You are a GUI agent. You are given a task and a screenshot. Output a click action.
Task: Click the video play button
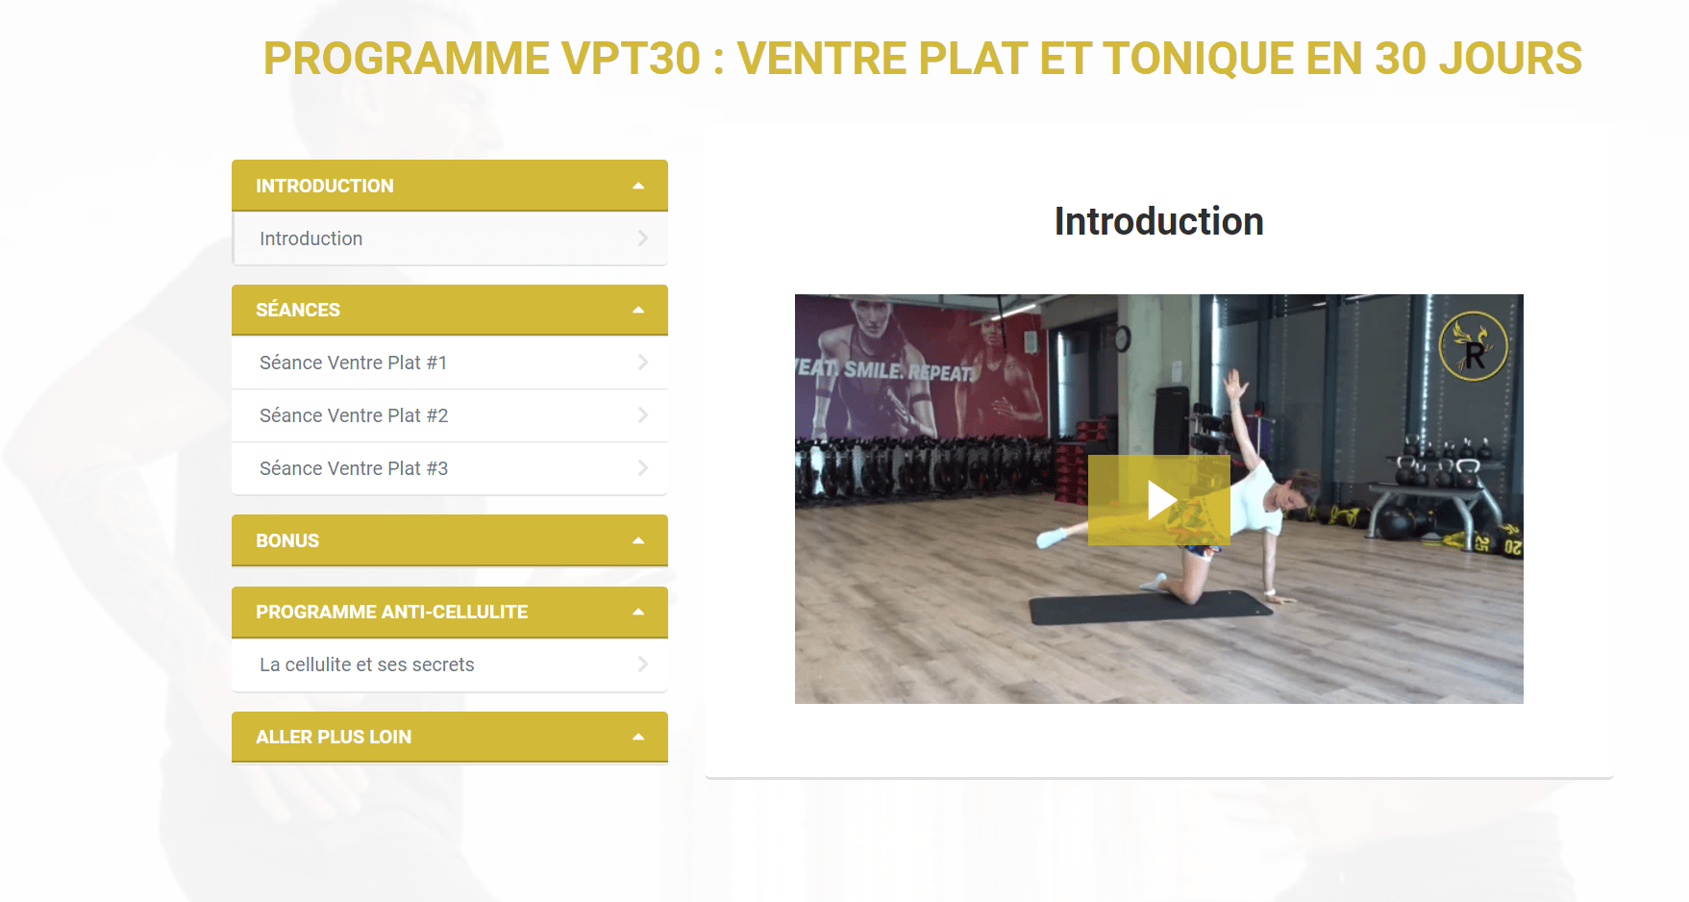(x=1159, y=500)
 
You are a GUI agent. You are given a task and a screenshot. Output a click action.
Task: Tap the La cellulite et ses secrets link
(x=367, y=664)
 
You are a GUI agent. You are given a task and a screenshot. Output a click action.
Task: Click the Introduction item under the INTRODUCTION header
(x=311, y=238)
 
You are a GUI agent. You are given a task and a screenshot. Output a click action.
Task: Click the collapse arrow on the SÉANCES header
(x=638, y=310)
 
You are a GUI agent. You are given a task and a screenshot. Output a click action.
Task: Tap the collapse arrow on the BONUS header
(x=638, y=540)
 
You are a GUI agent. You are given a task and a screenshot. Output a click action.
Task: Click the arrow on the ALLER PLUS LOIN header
(x=638, y=737)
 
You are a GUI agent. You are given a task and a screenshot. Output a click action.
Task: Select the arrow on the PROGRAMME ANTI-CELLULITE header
(x=638, y=612)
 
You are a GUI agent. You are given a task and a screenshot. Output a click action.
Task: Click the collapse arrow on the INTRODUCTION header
(x=638, y=186)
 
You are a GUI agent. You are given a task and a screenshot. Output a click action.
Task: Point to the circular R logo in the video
(x=1474, y=346)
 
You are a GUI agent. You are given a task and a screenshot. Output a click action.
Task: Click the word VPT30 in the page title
(x=632, y=59)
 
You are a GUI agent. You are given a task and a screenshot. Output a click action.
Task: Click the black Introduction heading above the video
(x=1159, y=221)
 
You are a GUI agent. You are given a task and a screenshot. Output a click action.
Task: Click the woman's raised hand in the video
(x=1234, y=386)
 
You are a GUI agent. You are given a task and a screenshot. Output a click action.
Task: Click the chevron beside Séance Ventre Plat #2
(x=643, y=415)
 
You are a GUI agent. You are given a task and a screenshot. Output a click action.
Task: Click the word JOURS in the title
(x=1510, y=59)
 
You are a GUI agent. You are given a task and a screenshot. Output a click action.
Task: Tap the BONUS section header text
(x=287, y=540)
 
